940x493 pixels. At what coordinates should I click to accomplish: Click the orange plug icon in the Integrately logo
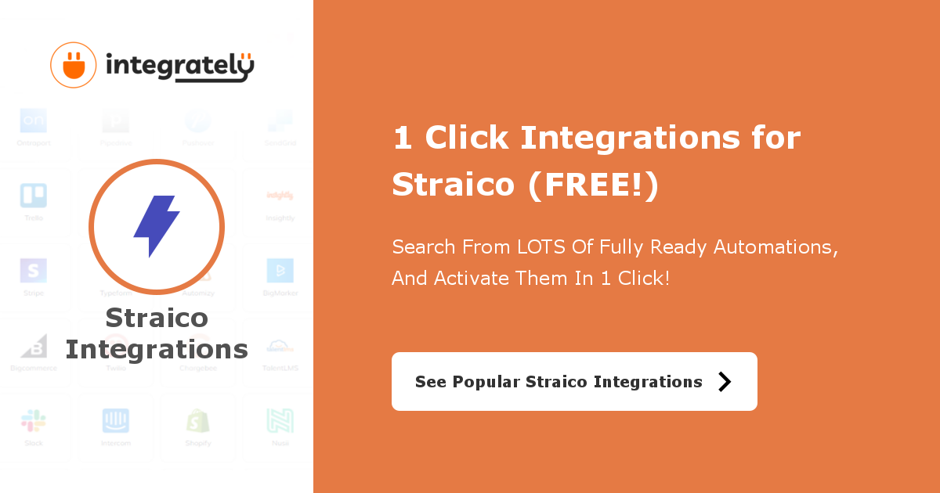tap(74, 64)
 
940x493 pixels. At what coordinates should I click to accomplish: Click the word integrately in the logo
tap(179, 67)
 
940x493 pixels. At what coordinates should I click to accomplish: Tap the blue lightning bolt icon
tap(156, 226)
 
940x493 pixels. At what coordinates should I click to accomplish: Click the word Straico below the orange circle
tap(157, 318)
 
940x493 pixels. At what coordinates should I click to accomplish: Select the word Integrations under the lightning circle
tap(157, 349)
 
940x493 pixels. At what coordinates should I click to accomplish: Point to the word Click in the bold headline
tap(467, 139)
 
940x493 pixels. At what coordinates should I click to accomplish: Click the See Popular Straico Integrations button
tap(574, 381)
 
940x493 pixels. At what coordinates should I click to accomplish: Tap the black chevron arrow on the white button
tap(725, 382)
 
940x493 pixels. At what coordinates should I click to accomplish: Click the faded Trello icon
tap(34, 196)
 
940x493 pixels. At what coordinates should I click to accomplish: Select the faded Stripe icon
tap(34, 271)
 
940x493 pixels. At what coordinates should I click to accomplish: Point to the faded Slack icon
tap(34, 421)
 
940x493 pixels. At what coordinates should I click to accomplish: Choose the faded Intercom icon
tap(116, 421)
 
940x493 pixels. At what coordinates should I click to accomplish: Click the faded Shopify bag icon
tap(198, 421)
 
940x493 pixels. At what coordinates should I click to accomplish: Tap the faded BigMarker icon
tap(280, 271)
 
